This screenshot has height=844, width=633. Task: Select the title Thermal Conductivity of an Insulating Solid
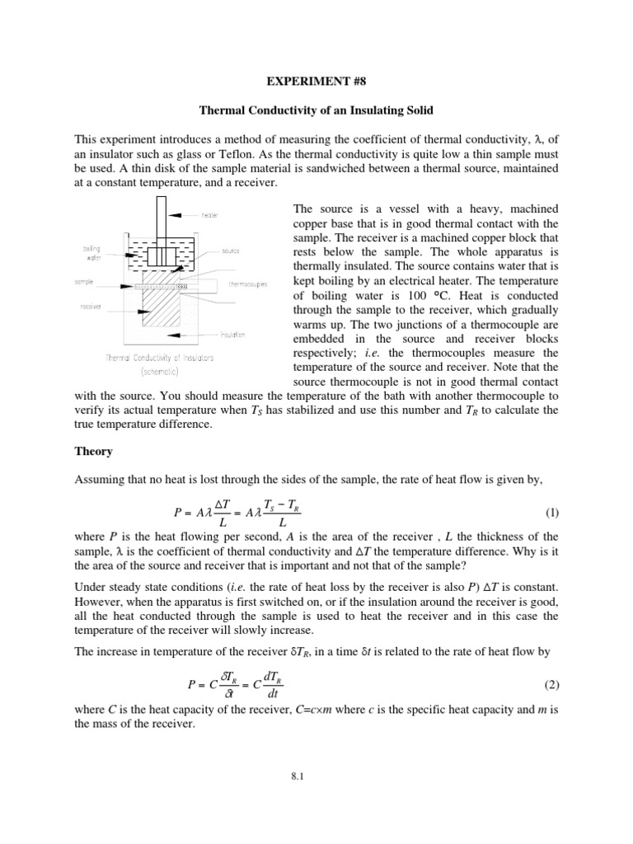pyautogui.click(x=316, y=110)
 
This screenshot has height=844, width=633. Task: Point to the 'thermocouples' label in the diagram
pyautogui.click(x=246, y=283)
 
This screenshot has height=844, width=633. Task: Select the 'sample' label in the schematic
pyautogui.click(x=85, y=281)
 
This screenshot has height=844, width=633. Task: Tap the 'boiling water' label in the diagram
pyautogui.click(x=91, y=252)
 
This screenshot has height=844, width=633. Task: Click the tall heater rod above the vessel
pyautogui.click(x=162, y=218)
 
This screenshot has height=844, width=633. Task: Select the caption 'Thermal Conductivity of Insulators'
pyautogui.click(x=160, y=358)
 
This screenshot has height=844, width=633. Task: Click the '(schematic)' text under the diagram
pyautogui.click(x=161, y=371)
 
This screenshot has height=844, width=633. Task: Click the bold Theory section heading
pyautogui.click(x=92, y=452)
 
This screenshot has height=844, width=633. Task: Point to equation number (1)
pyautogui.click(x=551, y=512)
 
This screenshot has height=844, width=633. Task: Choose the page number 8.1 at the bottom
pyautogui.click(x=316, y=798)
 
